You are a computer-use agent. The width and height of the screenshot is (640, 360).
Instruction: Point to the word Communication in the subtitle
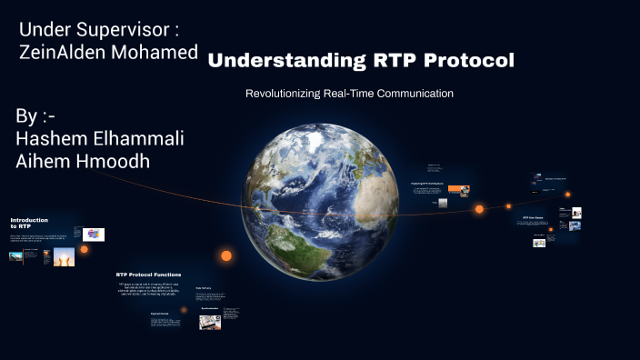coord(415,94)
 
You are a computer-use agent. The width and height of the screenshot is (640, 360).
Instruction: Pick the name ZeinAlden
coord(60,53)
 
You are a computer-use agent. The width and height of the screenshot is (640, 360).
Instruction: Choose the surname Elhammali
coord(145,138)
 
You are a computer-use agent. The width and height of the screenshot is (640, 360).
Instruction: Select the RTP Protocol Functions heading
coord(148,275)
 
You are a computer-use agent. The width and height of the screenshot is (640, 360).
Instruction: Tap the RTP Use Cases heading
coord(533,218)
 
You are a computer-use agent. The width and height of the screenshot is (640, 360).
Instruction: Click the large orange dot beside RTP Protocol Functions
coord(226,256)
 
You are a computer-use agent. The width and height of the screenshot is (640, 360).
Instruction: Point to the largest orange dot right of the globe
coord(479,209)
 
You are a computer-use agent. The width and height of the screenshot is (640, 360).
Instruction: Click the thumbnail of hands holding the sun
coord(63,258)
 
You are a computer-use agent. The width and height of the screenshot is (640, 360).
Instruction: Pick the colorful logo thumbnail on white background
coord(94,235)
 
